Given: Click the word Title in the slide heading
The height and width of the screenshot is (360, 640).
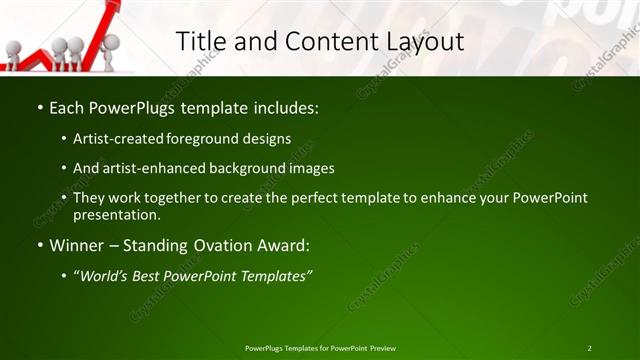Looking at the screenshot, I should [x=201, y=41].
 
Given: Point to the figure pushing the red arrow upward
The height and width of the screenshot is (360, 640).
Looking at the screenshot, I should [x=110, y=45].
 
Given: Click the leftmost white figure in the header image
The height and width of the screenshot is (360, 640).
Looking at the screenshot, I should [x=13, y=51].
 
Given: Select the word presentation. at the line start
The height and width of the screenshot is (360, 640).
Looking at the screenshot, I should [x=117, y=215].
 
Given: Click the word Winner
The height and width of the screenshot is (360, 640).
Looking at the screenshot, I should [x=76, y=245].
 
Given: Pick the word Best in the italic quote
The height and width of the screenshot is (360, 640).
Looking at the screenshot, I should [x=149, y=276].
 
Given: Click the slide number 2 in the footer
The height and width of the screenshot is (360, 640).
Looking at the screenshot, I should [x=589, y=348].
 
